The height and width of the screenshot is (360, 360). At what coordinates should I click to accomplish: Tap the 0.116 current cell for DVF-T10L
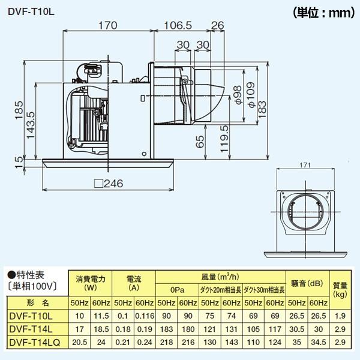144,316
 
